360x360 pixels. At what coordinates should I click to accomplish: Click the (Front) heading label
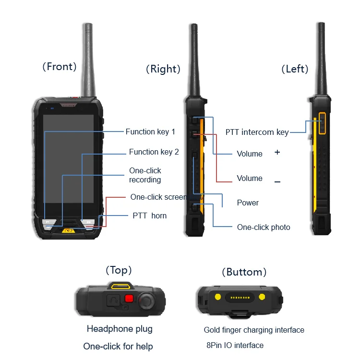[x=60, y=67]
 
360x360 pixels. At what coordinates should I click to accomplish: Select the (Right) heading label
[x=163, y=69]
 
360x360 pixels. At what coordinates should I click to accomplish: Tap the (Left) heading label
[x=294, y=69]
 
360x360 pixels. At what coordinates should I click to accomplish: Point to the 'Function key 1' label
[x=150, y=132]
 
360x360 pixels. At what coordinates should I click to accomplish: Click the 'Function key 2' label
[x=154, y=152]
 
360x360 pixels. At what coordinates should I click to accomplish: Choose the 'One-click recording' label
[x=145, y=175]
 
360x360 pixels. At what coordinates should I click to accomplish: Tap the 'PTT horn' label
[x=149, y=216]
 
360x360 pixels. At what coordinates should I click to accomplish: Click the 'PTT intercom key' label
[x=257, y=132]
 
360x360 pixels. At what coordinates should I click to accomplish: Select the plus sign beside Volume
[x=277, y=152]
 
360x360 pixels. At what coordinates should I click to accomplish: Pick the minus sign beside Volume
[x=277, y=182]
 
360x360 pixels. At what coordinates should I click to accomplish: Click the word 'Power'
[x=248, y=203]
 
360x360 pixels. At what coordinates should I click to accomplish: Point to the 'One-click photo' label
[x=264, y=227]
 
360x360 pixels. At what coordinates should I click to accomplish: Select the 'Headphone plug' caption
[x=120, y=329]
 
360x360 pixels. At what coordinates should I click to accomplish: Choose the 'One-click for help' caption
[x=118, y=346]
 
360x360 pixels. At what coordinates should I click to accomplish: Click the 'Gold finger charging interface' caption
[x=254, y=330]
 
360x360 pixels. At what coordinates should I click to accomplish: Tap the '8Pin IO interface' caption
[x=235, y=345]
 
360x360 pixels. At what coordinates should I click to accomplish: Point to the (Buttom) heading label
[x=244, y=272]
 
